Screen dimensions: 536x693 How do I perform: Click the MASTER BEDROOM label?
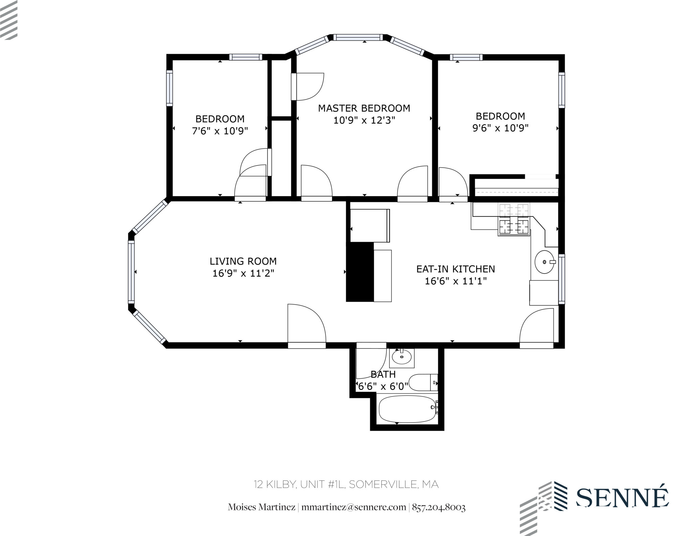364,108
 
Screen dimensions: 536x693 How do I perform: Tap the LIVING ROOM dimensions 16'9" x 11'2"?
243,273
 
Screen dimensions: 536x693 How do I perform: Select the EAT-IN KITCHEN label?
455,269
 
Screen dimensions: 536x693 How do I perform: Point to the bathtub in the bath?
407,409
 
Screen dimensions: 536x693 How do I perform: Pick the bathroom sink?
402,357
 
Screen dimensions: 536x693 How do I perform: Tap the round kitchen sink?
544,262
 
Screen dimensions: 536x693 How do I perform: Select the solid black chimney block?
360,272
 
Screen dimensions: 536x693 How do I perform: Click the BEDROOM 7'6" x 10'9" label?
220,125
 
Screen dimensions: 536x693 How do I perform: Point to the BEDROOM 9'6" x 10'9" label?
500,122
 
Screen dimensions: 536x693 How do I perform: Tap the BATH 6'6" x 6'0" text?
383,380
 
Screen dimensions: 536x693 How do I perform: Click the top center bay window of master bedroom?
358,37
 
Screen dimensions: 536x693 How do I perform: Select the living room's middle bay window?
131,272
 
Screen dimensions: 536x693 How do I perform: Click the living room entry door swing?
306,325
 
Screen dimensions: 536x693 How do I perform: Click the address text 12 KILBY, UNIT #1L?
346,485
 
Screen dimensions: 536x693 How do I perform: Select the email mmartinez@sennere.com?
353,507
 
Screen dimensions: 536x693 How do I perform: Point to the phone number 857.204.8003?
439,507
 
